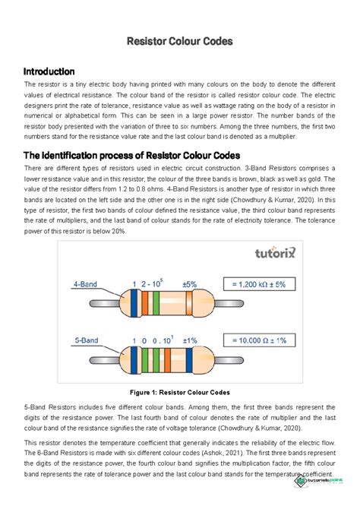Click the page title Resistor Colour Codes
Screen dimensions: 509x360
179,40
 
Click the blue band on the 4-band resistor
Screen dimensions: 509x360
134,303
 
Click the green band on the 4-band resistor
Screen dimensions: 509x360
154,303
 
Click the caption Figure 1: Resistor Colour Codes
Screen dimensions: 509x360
179,391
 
